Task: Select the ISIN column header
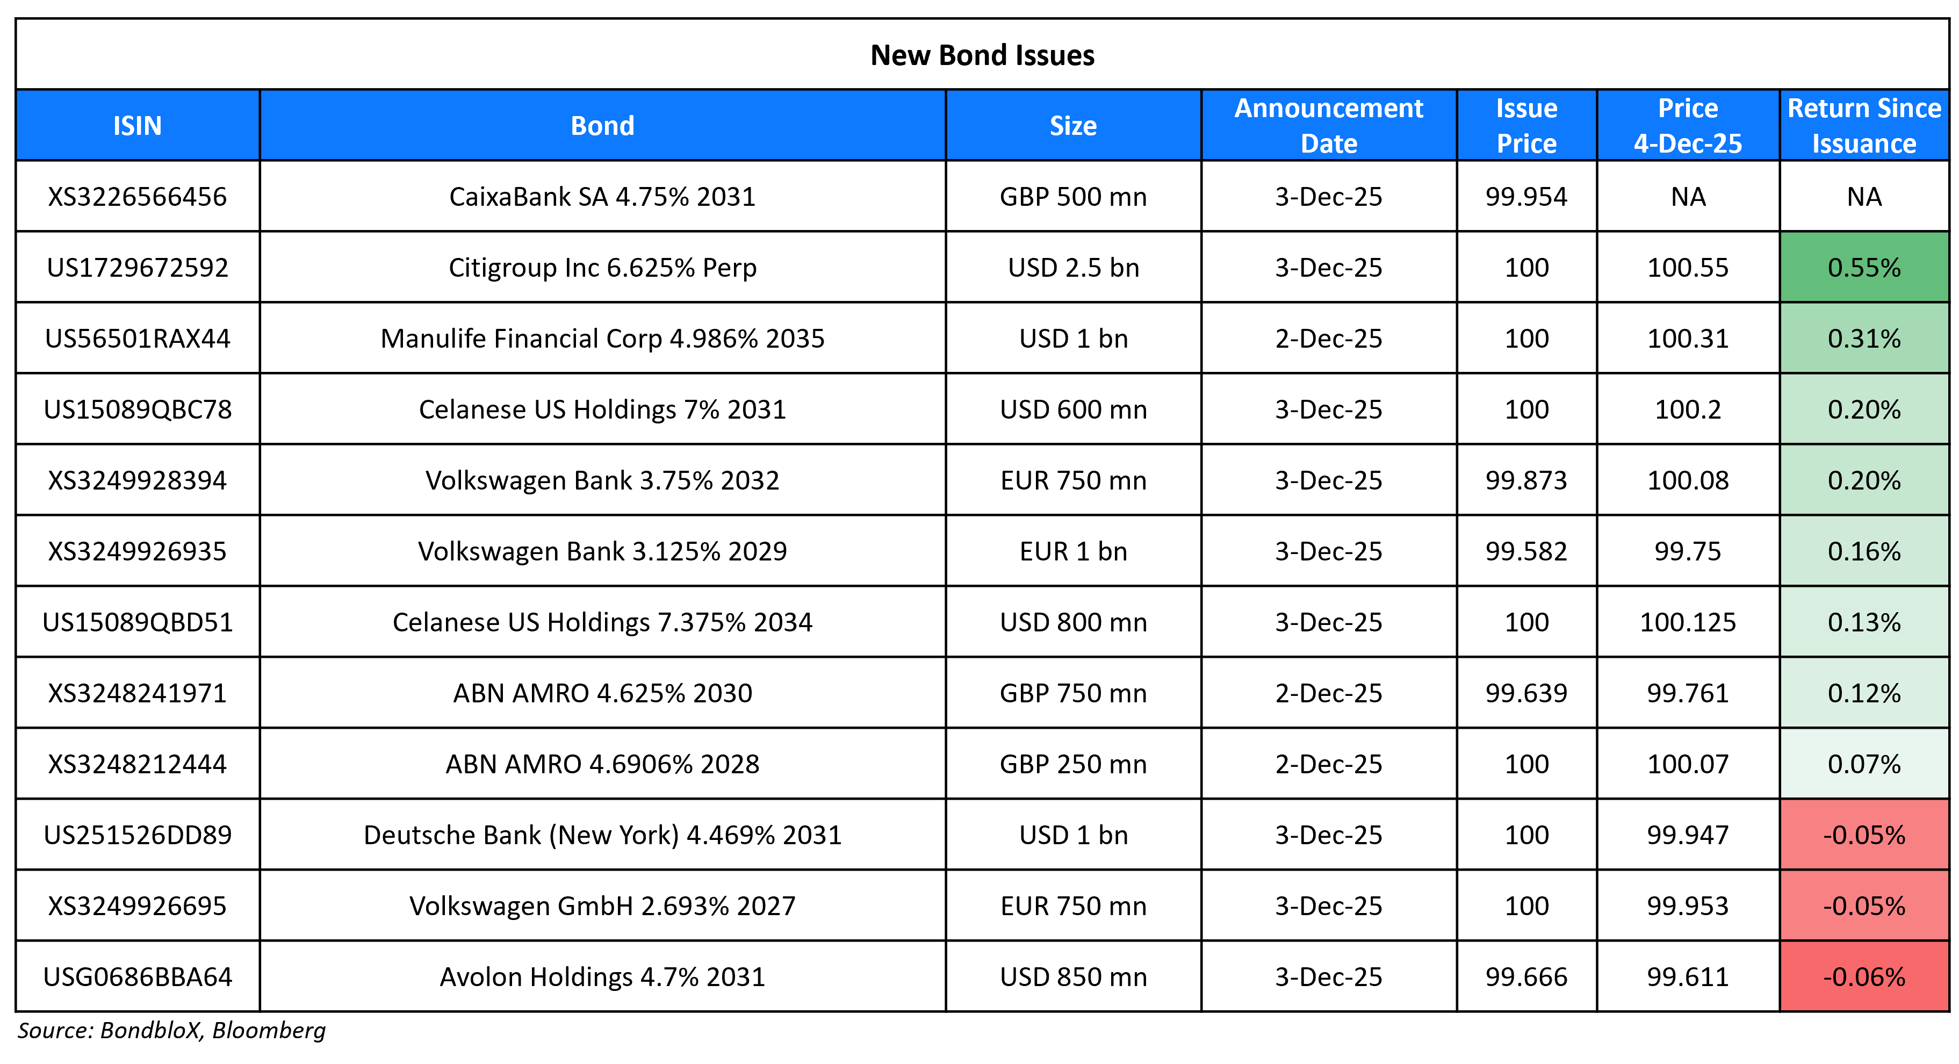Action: coord(138,126)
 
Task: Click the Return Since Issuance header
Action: coord(1863,126)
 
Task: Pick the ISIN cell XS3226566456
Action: coord(138,197)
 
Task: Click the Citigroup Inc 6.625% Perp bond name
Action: coord(602,268)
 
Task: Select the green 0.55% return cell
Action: coord(1863,268)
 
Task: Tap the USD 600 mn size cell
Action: coord(1072,409)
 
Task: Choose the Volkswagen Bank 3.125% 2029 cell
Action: coord(602,551)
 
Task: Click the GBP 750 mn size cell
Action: coord(1072,693)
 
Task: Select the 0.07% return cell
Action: coord(1863,764)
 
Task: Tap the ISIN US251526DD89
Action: coord(138,835)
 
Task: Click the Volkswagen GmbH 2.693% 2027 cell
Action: coord(602,906)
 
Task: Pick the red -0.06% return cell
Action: coord(1863,976)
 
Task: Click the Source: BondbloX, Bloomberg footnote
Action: coord(172,1031)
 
